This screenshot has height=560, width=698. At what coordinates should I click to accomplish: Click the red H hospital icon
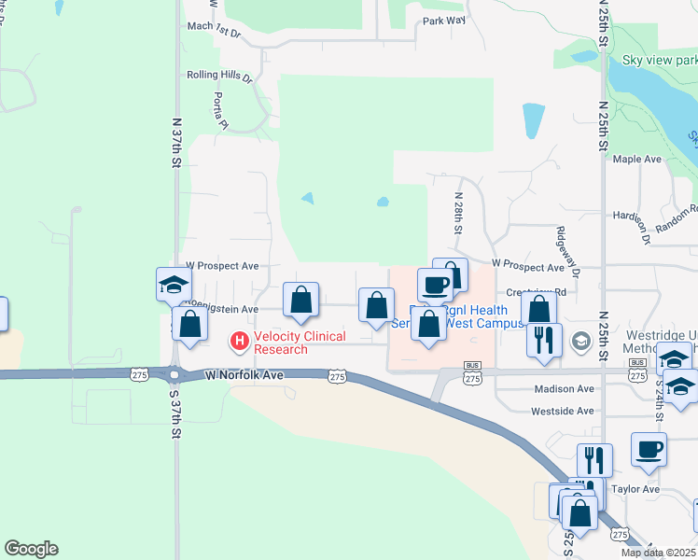[x=240, y=343]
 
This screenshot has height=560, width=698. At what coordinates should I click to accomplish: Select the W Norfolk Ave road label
[x=244, y=375]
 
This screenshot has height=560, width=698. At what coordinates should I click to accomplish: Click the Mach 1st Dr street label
[x=214, y=33]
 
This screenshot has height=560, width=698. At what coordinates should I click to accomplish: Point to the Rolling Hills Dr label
[x=220, y=76]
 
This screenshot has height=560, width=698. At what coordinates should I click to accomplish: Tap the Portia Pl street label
[x=221, y=110]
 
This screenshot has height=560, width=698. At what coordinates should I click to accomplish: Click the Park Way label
[x=443, y=21]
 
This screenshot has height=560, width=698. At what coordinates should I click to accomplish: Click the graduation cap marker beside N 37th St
[x=174, y=285]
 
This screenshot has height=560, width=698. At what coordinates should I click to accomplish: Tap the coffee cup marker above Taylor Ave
[x=649, y=450]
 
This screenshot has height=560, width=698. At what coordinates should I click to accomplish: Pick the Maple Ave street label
[x=637, y=160]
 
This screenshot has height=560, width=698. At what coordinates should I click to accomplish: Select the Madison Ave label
[x=564, y=389]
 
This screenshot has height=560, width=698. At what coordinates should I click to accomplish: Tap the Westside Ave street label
[x=562, y=411]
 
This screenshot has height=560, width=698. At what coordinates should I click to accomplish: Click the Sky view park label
[x=659, y=61]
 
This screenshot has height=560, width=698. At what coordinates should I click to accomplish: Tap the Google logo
[x=31, y=549]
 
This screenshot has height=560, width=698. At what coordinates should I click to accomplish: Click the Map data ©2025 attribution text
[x=658, y=553]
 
